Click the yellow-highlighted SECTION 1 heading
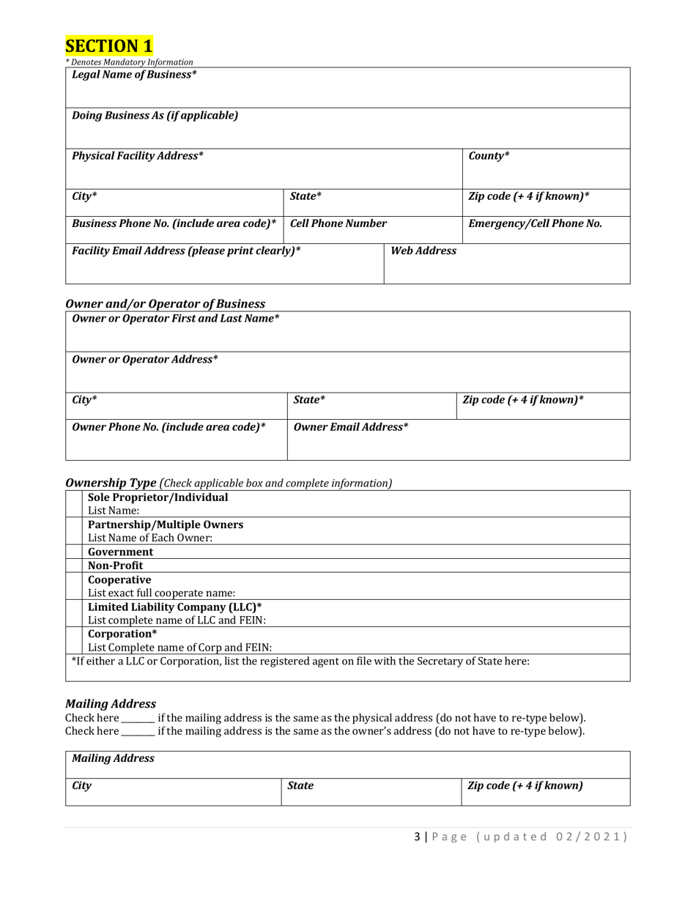pyautogui.click(x=109, y=45)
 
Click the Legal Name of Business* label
pyautogui.click(x=134, y=75)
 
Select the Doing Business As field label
pyautogui.click(x=155, y=116)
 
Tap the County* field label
pyautogui.click(x=489, y=156)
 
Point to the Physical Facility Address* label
pyautogui.click(x=138, y=156)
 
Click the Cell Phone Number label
pyautogui.click(x=338, y=223)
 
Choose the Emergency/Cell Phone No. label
pyautogui.click(x=535, y=223)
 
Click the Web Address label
pyautogui.click(x=423, y=251)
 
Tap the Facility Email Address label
pyautogui.click(x=186, y=251)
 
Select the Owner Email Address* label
pyautogui.click(x=351, y=427)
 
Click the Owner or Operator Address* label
pyautogui.click(x=145, y=360)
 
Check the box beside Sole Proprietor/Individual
pyautogui.click(x=74, y=504)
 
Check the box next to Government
pyautogui.click(x=74, y=552)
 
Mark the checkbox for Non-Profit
pyautogui.click(x=74, y=566)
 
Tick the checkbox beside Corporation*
pyautogui.click(x=74, y=640)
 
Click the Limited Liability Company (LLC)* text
pyautogui.click(x=174, y=607)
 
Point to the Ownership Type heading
pyautogui.click(x=111, y=483)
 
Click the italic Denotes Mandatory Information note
pyautogui.click(x=130, y=62)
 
